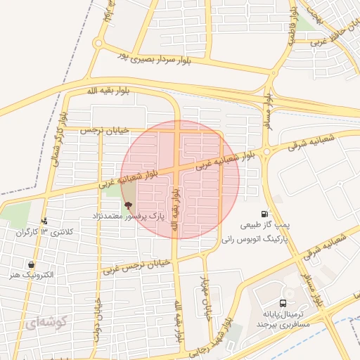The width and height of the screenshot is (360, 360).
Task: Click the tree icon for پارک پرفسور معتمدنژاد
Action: coord(127,205)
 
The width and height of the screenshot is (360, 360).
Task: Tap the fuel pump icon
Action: coord(264,214)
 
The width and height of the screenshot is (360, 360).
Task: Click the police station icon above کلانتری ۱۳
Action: coord(44,221)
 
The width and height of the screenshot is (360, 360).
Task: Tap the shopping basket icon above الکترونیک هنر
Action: coord(31,264)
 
